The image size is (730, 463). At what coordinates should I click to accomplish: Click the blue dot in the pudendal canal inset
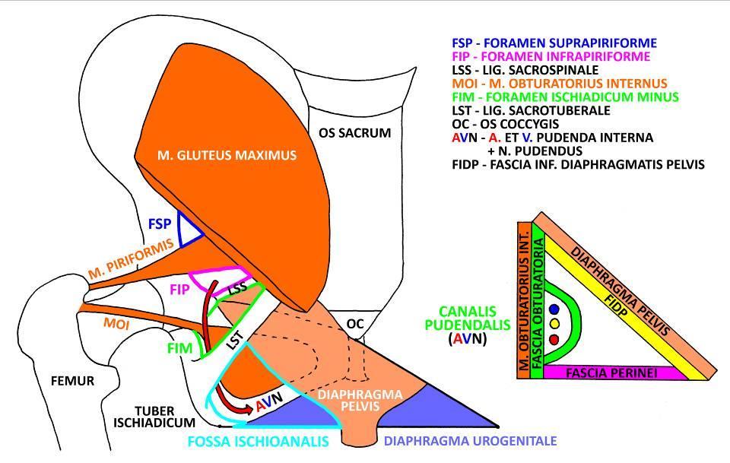tap(554, 309)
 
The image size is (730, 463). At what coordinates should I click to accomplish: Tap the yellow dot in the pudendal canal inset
tap(554, 324)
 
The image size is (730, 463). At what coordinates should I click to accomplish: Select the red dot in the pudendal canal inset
tap(554, 339)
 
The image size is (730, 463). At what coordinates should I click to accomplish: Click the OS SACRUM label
tap(355, 133)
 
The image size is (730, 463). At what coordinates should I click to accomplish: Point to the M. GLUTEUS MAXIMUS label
tap(227, 155)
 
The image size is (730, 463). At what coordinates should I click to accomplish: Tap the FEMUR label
tap(72, 381)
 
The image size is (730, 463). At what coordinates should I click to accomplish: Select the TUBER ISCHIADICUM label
tap(154, 417)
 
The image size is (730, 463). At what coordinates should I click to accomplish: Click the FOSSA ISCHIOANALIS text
tap(259, 441)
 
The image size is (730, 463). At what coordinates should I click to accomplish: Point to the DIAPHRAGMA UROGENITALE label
tap(470, 441)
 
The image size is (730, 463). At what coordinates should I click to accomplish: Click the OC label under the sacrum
tap(355, 323)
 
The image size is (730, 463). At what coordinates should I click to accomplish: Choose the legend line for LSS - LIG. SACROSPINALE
tap(525, 70)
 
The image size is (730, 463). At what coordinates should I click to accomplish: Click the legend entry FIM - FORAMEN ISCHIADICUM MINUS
tap(565, 97)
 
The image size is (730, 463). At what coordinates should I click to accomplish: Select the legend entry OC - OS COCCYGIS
tap(505, 124)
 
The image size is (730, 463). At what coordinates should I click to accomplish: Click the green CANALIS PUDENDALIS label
tap(468, 318)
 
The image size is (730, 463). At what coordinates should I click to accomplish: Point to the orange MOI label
tap(116, 323)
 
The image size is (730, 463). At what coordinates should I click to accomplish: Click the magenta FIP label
tap(179, 290)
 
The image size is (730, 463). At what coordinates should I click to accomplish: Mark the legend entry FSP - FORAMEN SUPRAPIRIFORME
tap(554, 43)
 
